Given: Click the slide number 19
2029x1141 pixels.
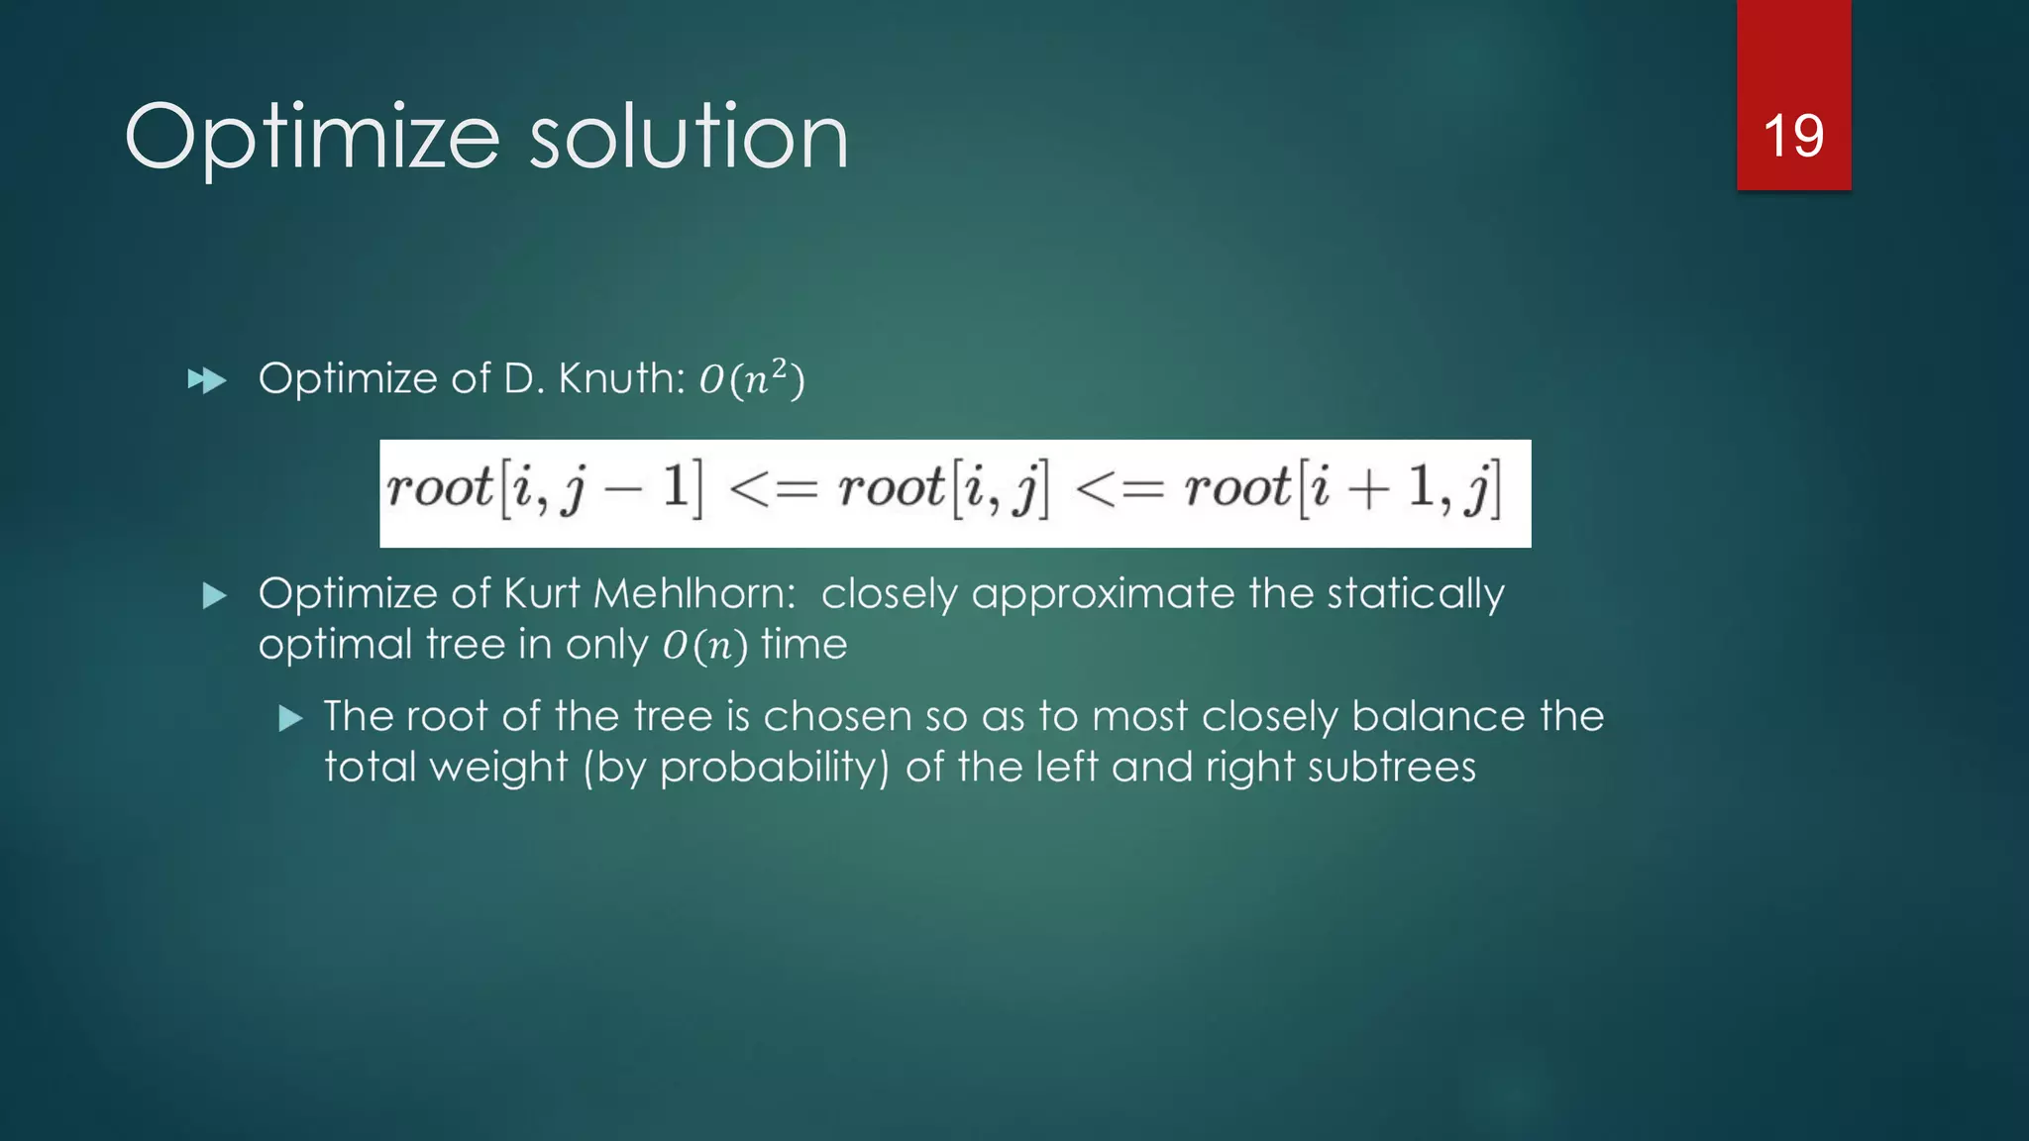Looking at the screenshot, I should (x=1793, y=136).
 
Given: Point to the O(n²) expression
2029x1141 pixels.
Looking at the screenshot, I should (x=752, y=378).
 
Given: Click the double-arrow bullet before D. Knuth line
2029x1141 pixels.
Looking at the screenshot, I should (x=207, y=380).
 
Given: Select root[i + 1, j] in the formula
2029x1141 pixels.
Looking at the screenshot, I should (x=1342, y=488).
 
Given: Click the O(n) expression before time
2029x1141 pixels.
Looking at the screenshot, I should (x=704, y=646).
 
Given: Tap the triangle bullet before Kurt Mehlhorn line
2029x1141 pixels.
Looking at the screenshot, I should (x=214, y=595).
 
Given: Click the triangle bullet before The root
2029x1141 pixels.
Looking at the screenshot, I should (x=290, y=718).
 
